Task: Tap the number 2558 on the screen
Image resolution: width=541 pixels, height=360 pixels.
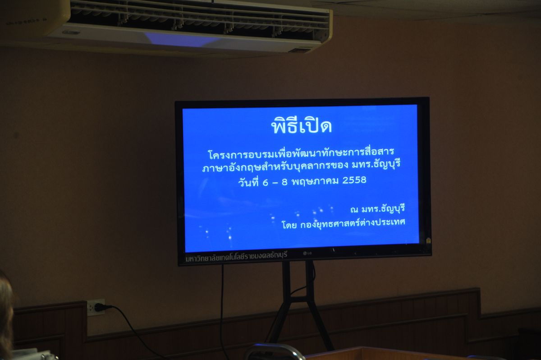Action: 354,180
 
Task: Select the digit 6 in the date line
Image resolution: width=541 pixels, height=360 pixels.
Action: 265,182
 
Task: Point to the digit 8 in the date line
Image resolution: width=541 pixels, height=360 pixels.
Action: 284,182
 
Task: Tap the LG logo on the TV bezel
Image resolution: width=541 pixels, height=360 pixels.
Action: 307,253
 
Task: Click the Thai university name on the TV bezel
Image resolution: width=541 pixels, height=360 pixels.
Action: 236,256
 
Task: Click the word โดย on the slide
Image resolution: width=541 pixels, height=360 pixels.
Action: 289,225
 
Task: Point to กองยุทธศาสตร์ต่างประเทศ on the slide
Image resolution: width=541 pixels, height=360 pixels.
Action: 353,223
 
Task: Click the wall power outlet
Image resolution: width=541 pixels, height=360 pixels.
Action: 96,307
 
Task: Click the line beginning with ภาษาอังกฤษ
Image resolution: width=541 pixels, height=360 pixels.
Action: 301,166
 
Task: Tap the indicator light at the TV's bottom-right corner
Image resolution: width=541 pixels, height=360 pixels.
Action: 428,240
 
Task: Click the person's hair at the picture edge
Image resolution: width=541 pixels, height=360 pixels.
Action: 6,314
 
